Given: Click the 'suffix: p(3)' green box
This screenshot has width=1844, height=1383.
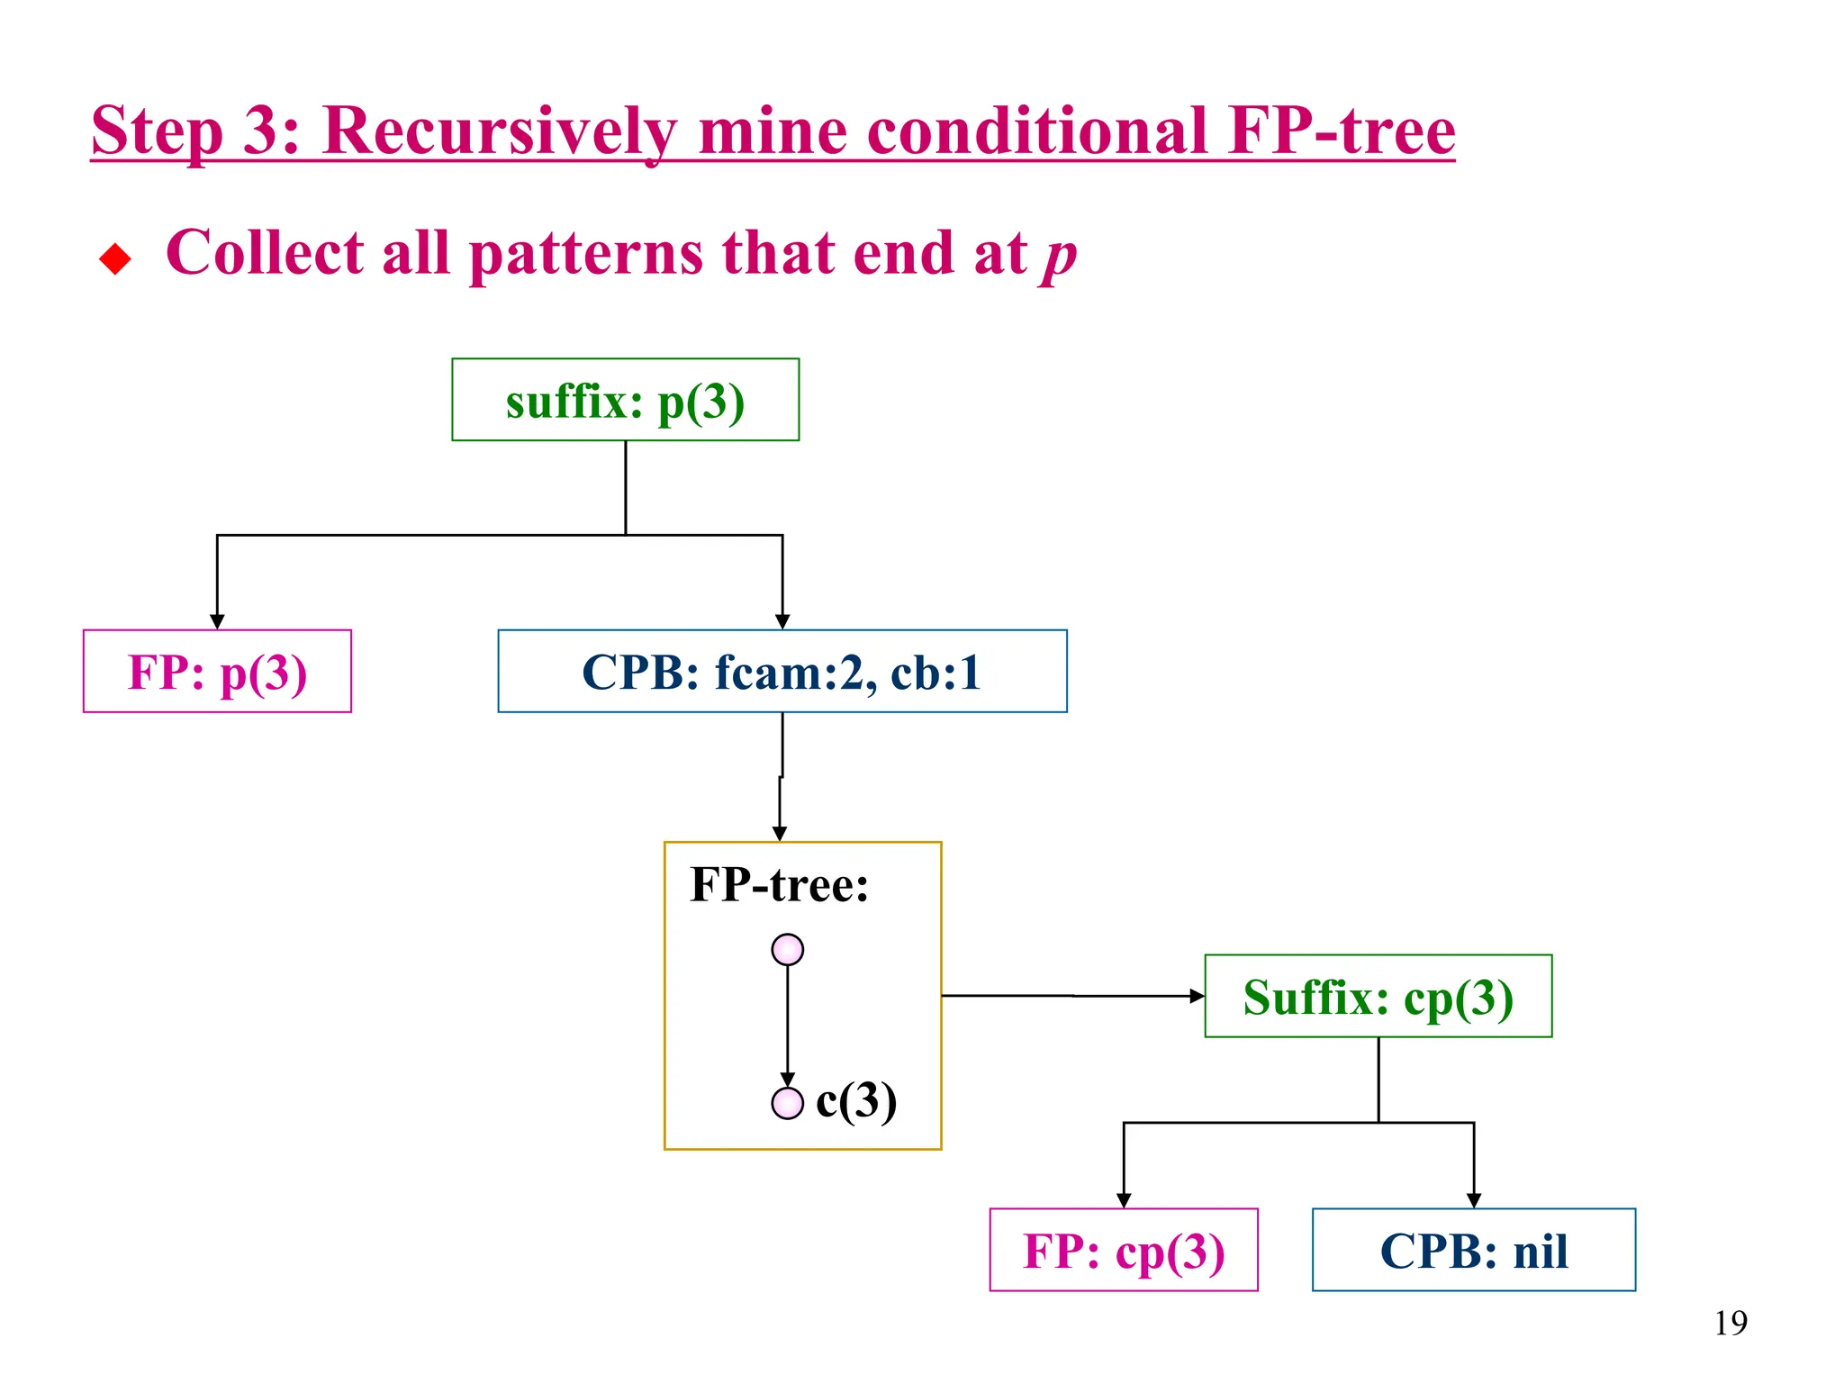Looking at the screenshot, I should click(625, 400).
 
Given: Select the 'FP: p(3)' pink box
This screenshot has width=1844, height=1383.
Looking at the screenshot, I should click(217, 672).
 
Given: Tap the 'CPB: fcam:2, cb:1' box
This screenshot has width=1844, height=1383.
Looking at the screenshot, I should click(782, 672).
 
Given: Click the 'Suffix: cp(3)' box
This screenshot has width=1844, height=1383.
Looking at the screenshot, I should click(1378, 997).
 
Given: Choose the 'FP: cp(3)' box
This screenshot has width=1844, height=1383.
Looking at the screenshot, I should click(1123, 1251).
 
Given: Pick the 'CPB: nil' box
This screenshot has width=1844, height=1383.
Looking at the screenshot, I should click(1473, 1251).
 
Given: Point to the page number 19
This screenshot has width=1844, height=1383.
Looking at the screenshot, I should click(1730, 1323).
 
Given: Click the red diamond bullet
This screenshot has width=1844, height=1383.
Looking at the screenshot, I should click(115, 259).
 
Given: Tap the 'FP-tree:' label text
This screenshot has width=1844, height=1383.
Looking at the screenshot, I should click(779, 884).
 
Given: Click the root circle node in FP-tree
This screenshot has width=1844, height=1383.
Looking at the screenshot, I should click(787, 950).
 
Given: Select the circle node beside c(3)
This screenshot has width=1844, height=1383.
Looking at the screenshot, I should click(787, 1103).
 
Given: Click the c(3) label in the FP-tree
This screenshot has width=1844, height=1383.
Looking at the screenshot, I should click(855, 1100).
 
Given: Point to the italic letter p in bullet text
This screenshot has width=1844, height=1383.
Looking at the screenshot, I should click(1059, 256).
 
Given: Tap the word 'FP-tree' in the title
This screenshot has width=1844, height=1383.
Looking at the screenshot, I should click(1342, 131).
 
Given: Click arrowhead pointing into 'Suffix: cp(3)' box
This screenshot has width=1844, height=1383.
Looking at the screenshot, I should click(1197, 996).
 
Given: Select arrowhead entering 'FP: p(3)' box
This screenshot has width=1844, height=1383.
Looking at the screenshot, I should click(217, 622).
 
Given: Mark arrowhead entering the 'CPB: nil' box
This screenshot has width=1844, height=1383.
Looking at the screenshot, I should click(1474, 1200).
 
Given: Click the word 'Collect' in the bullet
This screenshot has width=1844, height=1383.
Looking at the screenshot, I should click(264, 252).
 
